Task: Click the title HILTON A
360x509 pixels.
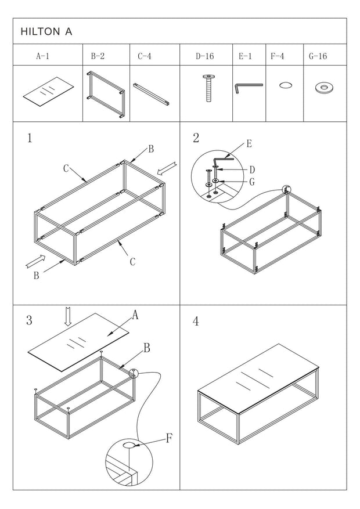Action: (46, 32)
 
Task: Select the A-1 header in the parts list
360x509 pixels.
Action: (42, 57)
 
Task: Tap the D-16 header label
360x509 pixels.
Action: (205, 57)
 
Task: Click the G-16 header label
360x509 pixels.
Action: (319, 57)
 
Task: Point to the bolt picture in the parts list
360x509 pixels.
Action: (207, 88)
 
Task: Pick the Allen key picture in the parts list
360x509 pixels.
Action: (248, 88)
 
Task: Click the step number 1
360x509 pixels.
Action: (30, 139)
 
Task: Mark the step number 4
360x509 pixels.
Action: (196, 321)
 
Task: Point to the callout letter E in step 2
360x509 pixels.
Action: (249, 144)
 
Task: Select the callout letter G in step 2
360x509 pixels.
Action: (251, 182)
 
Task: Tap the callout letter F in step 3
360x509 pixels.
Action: (169, 438)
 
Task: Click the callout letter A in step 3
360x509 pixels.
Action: (135, 315)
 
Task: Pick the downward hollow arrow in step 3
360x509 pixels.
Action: (68, 316)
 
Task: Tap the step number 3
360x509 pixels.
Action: (29, 321)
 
